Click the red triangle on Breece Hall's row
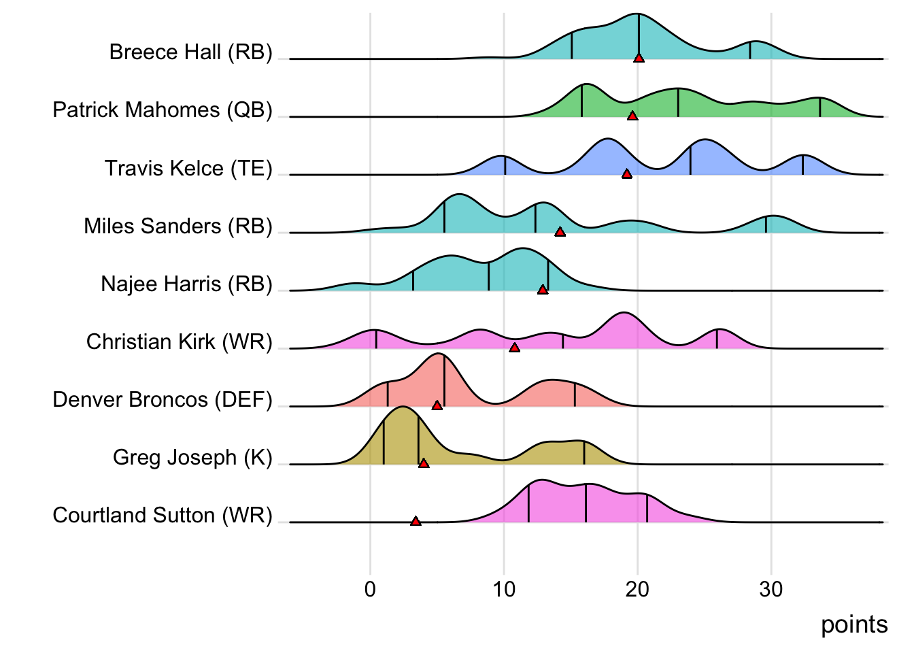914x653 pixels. (x=639, y=58)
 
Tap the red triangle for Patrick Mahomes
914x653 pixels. (x=632, y=116)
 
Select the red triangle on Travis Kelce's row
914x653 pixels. (x=627, y=174)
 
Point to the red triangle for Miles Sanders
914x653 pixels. (x=560, y=232)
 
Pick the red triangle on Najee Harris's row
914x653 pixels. (x=543, y=290)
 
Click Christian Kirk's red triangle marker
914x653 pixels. (x=515, y=348)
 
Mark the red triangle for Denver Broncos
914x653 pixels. (x=437, y=405)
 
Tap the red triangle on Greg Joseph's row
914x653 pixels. (x=424, y=463)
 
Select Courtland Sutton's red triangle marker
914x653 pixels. (x=416, y=522)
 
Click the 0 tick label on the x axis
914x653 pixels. (x=370, y=589)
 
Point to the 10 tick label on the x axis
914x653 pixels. (x=504, y=589)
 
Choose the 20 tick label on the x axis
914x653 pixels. (x=637, y=589)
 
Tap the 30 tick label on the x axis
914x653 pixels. (x=771, y=589)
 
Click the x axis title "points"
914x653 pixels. (x=854, y=624)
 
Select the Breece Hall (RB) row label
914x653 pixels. (x=190, y=52)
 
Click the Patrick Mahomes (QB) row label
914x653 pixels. (x=163, y=110)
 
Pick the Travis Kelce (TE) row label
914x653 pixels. (x=188, y=168)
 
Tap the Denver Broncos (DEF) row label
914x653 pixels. (x=163, y=399)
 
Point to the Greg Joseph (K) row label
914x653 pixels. (x=192, y=457)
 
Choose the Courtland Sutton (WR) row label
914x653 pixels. (x=163, y=516)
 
